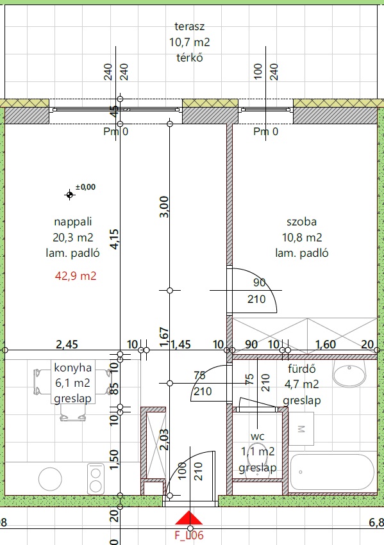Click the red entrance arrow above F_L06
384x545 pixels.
188,518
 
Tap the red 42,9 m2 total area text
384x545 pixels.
76,276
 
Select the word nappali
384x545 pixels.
73,222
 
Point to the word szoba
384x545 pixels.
301,222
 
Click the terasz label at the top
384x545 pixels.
189,26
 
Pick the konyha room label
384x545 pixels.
73,368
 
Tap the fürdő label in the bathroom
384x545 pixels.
301,368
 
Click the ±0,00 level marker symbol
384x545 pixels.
70,195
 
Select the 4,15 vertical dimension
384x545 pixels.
114,239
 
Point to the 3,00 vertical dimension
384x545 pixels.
164,207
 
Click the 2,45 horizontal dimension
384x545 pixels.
67,345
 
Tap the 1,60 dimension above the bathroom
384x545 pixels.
325,345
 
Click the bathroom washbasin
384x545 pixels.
349,373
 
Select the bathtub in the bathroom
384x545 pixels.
332,472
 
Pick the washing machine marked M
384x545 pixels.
301,428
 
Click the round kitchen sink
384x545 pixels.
50,479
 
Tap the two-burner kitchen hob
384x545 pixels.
96,478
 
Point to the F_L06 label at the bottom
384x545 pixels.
189,535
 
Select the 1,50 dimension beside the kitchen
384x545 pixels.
114,459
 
